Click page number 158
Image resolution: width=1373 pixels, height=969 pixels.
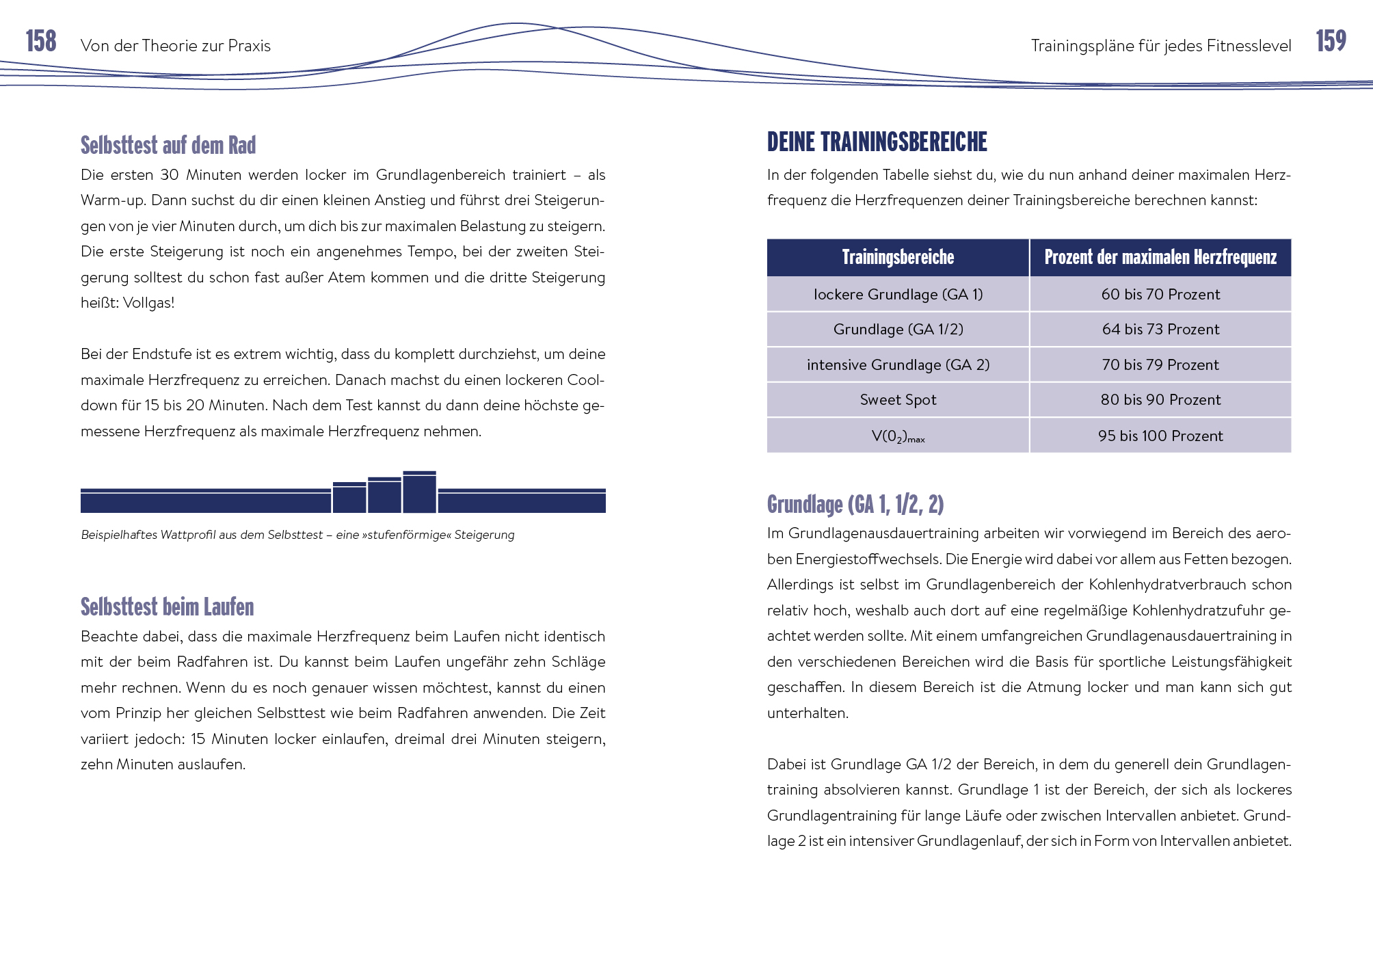click(x=41, y=42)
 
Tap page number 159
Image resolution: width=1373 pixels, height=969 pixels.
click(x=1331, y=42)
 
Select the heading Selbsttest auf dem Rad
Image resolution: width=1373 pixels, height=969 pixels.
click(x=168, y=146)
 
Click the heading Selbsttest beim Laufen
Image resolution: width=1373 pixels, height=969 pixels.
click(x=167, y=607)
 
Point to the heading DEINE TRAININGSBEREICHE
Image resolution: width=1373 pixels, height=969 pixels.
click(x=877, y=142)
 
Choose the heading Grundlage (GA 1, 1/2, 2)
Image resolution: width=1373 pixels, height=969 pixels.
click(x=855, y=505)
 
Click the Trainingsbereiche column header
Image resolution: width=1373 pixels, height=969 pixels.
click(x=898, y=258)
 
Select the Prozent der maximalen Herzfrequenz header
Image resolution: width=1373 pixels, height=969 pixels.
click(x=1160, y=258)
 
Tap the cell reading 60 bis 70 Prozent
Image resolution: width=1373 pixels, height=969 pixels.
click(x=1160, y=295)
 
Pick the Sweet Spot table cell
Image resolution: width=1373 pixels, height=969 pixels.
click(x=898, y=400)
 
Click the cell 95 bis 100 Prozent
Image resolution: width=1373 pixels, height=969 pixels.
click(x=1160, y=436)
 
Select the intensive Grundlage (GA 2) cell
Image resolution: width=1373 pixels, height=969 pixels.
click(x=898, y=365)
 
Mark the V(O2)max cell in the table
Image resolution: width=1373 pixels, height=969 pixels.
click(x=898, y=436)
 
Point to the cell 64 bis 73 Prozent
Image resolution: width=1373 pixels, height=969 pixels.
click(x=1160, y=330)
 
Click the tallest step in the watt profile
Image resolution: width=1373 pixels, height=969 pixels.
click(x=419, y=492)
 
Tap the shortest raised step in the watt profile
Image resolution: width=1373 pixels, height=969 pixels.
click(x=349, y=498)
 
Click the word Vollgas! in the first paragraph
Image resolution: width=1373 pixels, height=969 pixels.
click(x=148, y=303)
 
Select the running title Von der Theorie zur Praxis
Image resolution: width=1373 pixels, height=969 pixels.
click(x=176, y=46)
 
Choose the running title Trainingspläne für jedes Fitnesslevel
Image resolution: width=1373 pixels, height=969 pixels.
click(x=1161, y=46)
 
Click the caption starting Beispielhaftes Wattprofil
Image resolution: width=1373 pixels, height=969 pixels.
click(x=297, y=535)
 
